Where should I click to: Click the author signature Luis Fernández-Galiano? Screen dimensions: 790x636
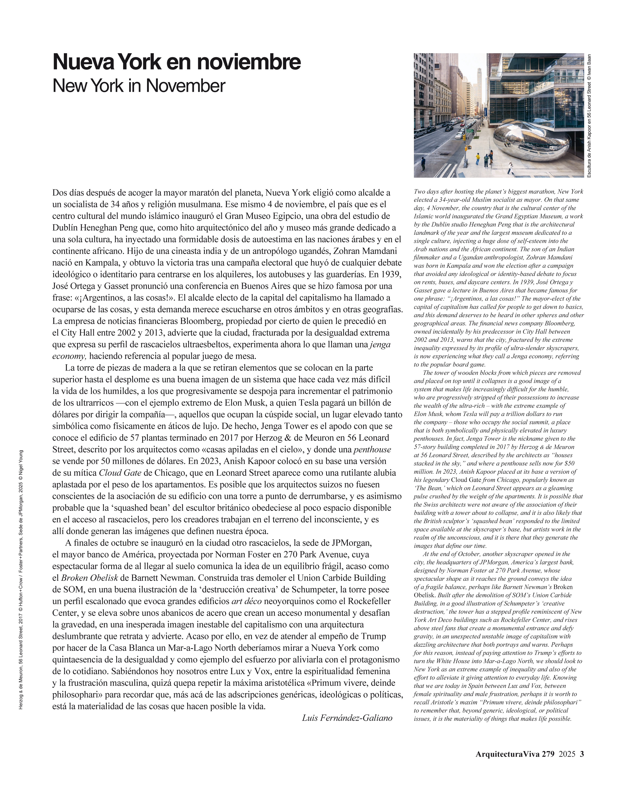point(347,718)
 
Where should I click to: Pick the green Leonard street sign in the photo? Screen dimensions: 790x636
point(470,130)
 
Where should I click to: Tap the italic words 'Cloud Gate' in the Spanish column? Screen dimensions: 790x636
point(120,473)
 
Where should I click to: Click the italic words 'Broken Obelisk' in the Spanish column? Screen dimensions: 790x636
point(90,578)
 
